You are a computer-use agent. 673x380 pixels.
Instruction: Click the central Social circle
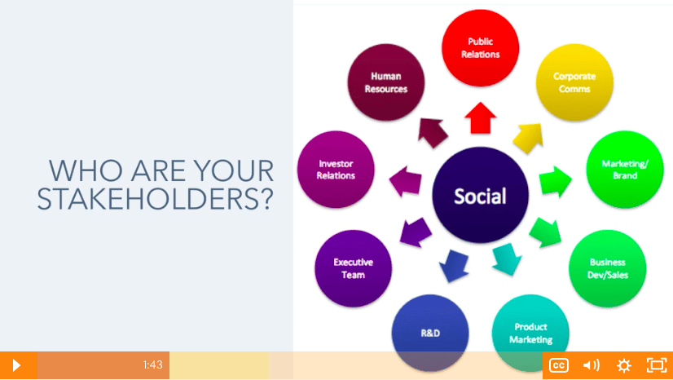[x=480, y=195]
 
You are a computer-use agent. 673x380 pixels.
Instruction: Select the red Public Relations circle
[x=480, y=47]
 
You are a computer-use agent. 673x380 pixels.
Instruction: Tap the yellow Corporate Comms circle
[x=574, y=82]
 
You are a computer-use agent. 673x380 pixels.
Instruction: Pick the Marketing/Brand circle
[x=625, y=169]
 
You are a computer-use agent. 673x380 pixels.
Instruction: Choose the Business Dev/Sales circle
[x=607, y=268]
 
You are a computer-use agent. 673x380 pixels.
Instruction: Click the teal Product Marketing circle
[x=530, y=333]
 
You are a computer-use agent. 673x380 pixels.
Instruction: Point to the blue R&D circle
[x=430, y=333]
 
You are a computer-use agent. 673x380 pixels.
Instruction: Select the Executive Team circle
[x=354, y=268]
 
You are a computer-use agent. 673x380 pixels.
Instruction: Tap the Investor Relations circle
[x=336, y=169]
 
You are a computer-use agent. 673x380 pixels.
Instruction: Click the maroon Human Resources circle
[x=386, y=82]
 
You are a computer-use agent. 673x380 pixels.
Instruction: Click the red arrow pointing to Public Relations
[x=480, y=118]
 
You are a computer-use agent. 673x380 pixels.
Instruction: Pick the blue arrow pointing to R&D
[x=454, y=265]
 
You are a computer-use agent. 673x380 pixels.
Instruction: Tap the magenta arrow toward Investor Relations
[x=405, y=181]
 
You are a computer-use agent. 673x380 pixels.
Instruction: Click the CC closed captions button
[x=559, y=365]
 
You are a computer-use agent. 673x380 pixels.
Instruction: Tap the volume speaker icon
[x=591, y=365]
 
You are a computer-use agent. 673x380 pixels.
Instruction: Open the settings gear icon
[x=623, y=365]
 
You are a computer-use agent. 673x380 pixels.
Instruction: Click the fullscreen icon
[x=657, y=365]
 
